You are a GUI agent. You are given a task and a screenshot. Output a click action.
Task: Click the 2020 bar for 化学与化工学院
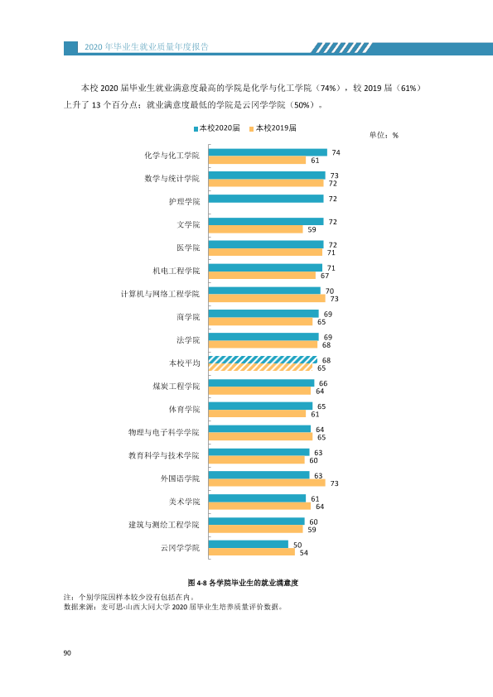pyautogui.click(x=268, y=152)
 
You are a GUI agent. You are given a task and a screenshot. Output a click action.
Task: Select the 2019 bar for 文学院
pyautogui.click(x=256, y=229)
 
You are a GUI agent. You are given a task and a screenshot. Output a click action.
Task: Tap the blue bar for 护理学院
pyautogui.click(x=266, y=198)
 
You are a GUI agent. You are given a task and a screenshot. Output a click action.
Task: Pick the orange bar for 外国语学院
pyautogui.click(x=267, y=483)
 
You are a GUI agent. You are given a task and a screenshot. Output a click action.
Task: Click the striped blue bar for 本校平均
pyautogui.click(x=263, y=359)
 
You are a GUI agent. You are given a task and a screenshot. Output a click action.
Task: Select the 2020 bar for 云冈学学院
pyautogui.click(x=249, y=544)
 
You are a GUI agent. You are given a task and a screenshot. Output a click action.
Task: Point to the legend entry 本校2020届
pyautogui.click(x=217, y=128)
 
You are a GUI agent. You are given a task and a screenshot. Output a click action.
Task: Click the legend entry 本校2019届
pyautogui.click(x=273, y=128)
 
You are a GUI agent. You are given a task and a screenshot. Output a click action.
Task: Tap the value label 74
pyautogui.click(x=336, y=152)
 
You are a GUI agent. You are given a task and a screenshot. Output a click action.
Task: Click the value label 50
pyautogui.click(x=297, y=545)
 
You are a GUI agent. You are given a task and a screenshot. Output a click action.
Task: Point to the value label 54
pyautogui.click(x=303, y=552)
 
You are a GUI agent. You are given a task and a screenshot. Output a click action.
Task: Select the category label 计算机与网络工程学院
pyautogui.click(x=160, y=294)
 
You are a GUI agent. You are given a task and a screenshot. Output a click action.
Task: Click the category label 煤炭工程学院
pyautogui.click(x=176, y=387)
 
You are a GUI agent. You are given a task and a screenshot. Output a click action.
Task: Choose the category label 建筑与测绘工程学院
pyautogui.click(x=164, y=525)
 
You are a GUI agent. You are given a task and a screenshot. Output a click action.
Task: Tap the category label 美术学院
pyautogui.click(x=184, y=502)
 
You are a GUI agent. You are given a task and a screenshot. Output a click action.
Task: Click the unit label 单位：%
pyautogui.click(x=384, y=135)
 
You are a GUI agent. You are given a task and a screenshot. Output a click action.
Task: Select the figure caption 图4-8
pyautogui.click(x=243, y=582)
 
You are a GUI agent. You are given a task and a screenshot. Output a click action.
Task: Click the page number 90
pyautogui.click(x=67, y=652)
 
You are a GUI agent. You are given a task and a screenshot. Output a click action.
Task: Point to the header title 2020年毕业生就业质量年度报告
pyautogui.click(x=147, y=46)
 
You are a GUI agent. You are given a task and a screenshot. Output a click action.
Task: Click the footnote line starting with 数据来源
pyautogui.click(x=173, y=607)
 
